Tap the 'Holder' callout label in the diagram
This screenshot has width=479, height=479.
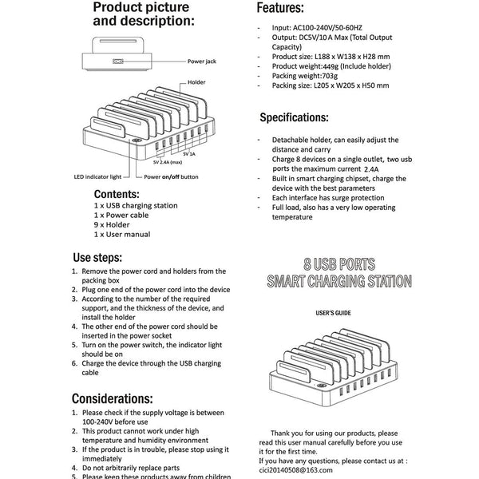click(x=197, y=82)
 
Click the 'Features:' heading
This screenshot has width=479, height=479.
click(x=280, y=10)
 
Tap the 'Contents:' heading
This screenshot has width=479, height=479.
click(x=117, y=194)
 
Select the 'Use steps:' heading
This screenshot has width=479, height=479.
click(x=97, y=258)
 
